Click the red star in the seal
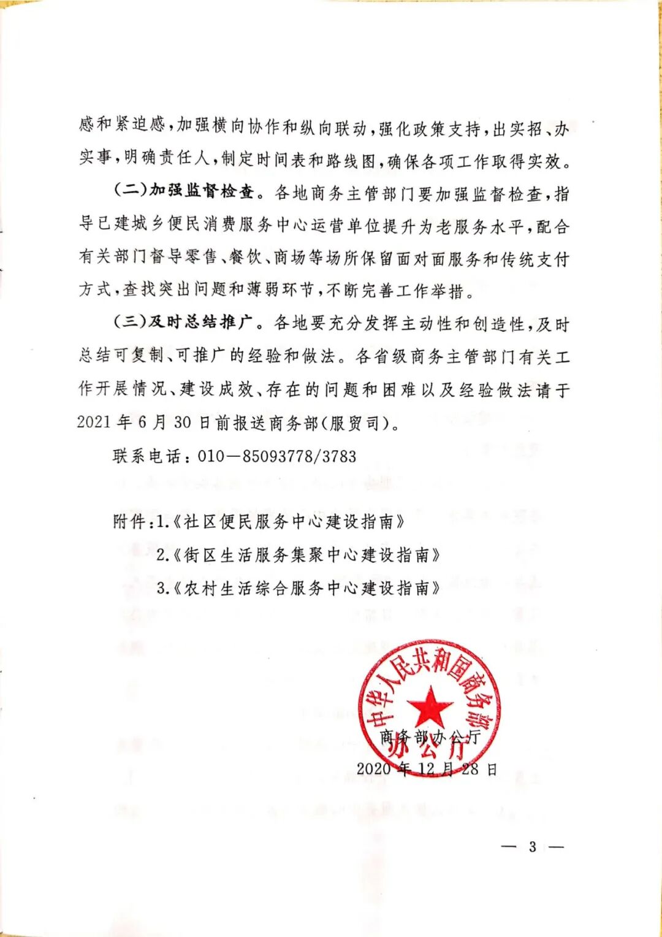(430, 706)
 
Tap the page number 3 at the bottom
(532, 847)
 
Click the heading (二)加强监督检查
(184, 192)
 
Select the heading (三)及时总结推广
(184, 323)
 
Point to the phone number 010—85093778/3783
(277, 456)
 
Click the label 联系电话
(147, 456)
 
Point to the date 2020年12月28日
(427, 769)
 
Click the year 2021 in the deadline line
(94, 423)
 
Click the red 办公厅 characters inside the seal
(431, 749)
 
